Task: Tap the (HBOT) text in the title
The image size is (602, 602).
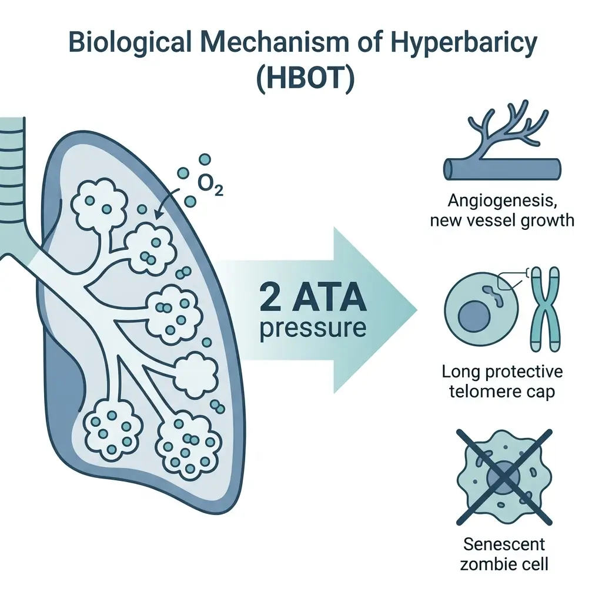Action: tap(306, 80)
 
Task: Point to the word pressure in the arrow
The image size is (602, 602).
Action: tap(312, 327)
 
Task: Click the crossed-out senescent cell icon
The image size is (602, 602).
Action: tap(504, 476)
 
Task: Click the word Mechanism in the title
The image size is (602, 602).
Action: tap(263, 45)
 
